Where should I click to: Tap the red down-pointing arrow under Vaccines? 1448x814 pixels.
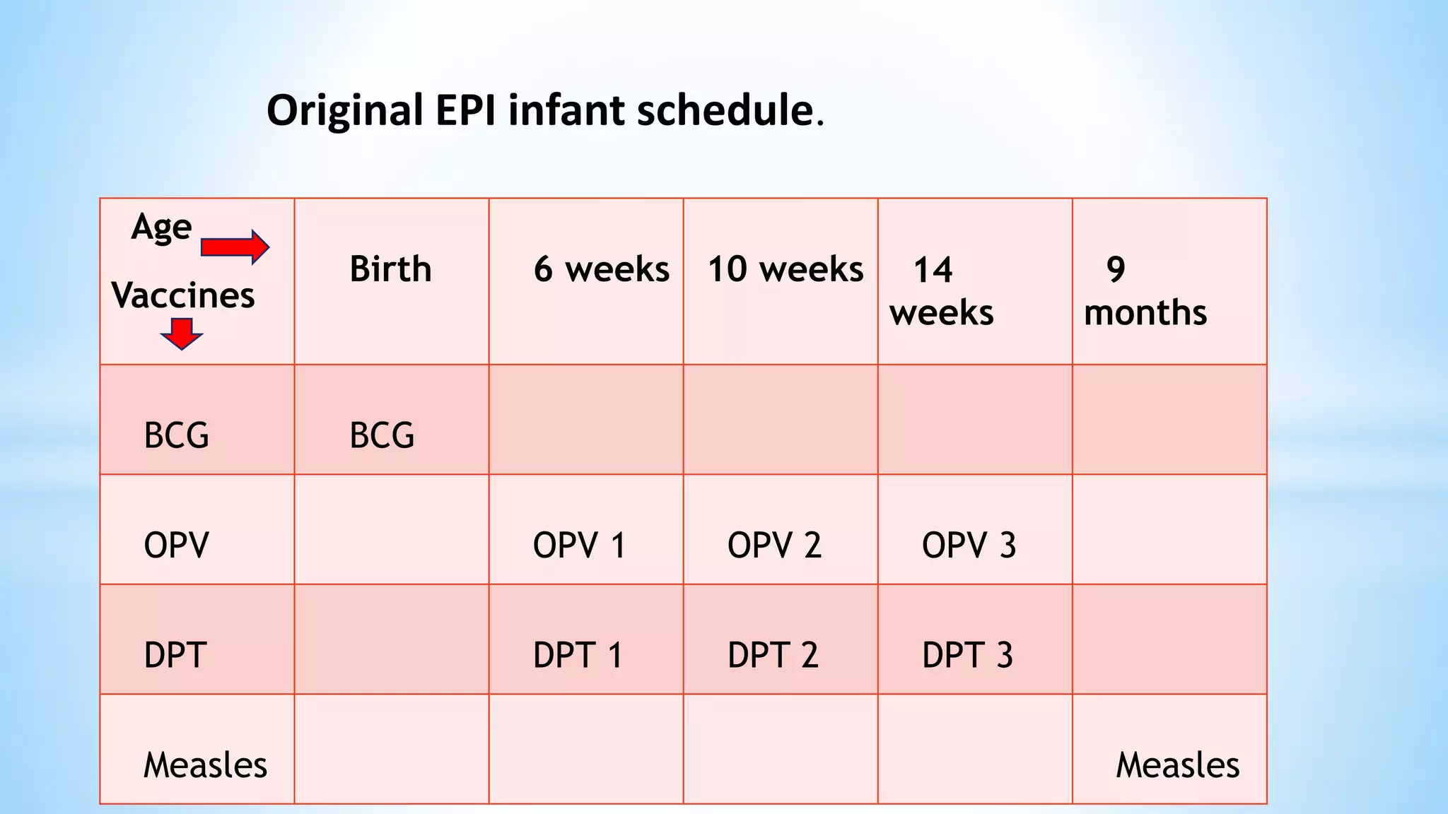tap(182, 334)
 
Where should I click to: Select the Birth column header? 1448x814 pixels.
tap(390, 269)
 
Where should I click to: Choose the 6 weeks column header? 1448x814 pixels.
tap(601, 269)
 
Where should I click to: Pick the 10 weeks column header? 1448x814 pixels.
tap(785, 269)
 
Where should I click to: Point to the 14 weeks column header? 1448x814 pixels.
tap(941, 291)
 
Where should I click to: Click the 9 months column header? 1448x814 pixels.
tap(1145, 291)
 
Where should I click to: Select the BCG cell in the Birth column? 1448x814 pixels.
tap(382, 435)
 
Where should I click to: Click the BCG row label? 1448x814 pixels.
tap(176, 435)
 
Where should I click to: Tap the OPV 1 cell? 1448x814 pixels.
tap(579, 545)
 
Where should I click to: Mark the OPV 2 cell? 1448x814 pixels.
tap(774, 545)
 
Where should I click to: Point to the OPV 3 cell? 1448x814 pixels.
tap(969, 545)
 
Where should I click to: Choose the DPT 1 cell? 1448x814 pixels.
tap(578, 655)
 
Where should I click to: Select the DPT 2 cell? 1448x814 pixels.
tap(773, 655)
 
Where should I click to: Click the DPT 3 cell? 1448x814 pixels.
tap(967, 655)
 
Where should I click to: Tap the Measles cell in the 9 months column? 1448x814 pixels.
tap(1177, 765)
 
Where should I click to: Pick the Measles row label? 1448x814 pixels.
tap(205, 765)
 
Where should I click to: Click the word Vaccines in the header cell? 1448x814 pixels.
tap(182, 295)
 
